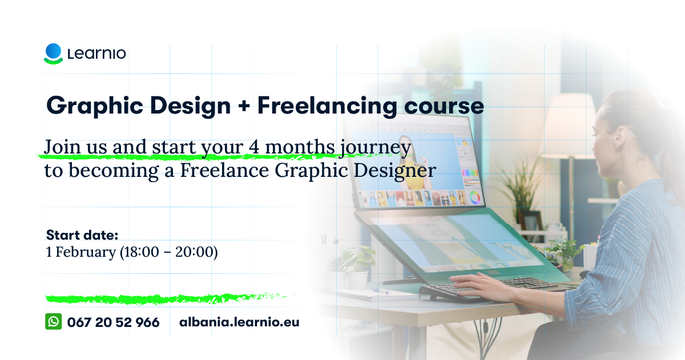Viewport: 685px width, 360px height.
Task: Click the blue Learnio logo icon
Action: (54, 54)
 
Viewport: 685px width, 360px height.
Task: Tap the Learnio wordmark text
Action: (96, 54)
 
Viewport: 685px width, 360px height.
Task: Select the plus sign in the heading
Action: (244, 106)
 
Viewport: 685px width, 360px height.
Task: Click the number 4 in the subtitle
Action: (254, 147)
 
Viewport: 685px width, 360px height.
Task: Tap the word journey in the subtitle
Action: (376, 148)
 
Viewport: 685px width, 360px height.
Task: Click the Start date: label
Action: (82, 235)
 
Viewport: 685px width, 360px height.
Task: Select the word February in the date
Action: (86, 253)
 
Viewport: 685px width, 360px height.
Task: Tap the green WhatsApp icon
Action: (54, 322)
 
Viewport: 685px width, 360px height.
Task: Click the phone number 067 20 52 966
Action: (113, 322)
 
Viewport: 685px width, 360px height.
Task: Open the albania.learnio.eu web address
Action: (239, 322)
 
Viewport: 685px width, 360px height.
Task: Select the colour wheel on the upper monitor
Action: (474, 198)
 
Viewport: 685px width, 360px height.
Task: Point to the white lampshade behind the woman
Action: (570, 126)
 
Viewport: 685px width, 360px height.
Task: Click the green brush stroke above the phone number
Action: (168, 298)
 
